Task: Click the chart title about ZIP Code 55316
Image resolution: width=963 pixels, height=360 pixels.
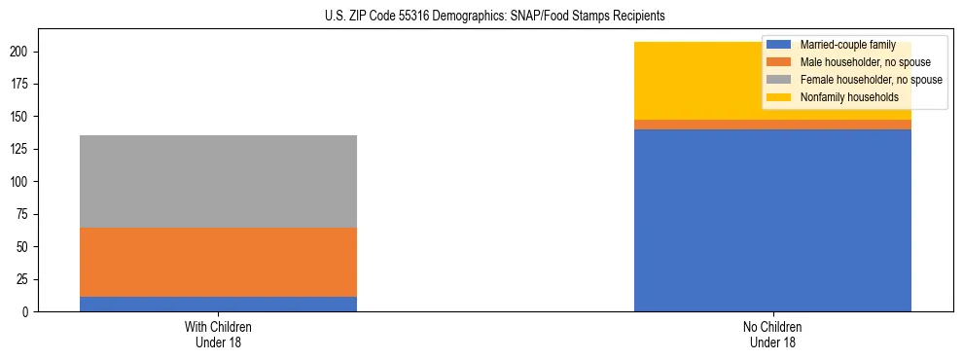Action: [481, 17]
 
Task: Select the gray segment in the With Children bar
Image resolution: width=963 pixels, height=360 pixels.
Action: [218, 181]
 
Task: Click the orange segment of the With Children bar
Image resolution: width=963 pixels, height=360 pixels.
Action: [218, 262]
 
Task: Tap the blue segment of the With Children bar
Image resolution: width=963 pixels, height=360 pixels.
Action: [218, 304]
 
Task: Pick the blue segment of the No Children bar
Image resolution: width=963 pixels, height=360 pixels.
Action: [772, 220]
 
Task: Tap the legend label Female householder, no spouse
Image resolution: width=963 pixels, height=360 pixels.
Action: [869, 80]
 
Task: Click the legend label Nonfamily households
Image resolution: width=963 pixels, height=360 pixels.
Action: [843, 97]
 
